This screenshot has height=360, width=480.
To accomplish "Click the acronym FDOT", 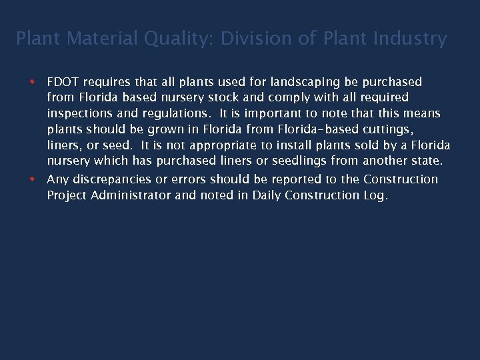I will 63,82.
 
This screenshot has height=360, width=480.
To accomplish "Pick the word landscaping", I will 305,82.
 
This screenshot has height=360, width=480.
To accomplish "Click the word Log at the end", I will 375,195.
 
